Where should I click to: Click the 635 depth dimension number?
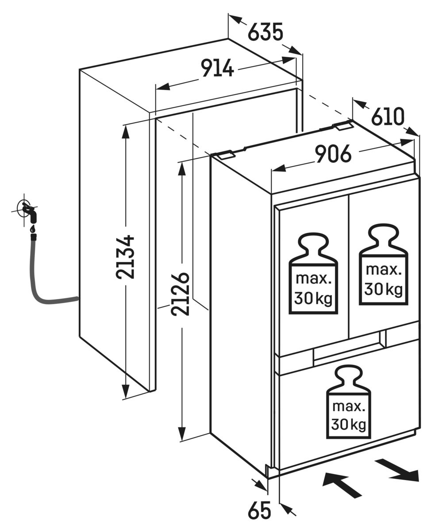266,32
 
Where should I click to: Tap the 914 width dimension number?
217,68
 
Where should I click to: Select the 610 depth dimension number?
387,117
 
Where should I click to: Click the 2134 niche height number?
125,257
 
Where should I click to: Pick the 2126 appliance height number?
180,294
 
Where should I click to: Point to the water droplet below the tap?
32,229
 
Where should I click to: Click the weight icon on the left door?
313,274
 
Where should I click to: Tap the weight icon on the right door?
383,264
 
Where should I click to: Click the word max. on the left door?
314,279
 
